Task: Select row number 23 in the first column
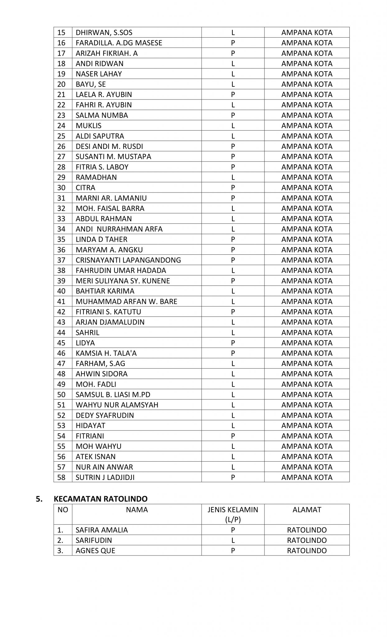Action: (x=62, y=115)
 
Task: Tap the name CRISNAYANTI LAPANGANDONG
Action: (x=128, y=260)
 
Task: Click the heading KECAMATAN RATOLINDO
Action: (x=100, y=499)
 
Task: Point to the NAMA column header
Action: (x=137, y=510)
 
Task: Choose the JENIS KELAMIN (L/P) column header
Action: (x=233, y=514)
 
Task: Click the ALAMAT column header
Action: (x=307, y=510)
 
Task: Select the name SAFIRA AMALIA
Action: (x=102, y=530)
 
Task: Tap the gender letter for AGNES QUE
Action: (x=233, y=551)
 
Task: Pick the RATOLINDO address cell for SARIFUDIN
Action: (x=307, y=540)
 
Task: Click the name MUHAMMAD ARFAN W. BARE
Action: (x=126, y=301)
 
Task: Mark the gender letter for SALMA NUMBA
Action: (x=233, y=115)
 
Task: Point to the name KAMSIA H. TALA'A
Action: (x=106, y=353)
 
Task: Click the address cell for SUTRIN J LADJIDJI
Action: (x=307, y=477)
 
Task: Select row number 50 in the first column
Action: (x=62, y=394)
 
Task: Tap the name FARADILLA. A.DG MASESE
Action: (x=119, y=43)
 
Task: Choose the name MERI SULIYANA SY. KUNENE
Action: (x=123, y=281)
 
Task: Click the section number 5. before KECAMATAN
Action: (x=39, y=499)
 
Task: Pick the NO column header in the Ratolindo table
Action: (x=63, y=510)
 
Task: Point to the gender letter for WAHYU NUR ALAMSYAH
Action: (x=233, y=405)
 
